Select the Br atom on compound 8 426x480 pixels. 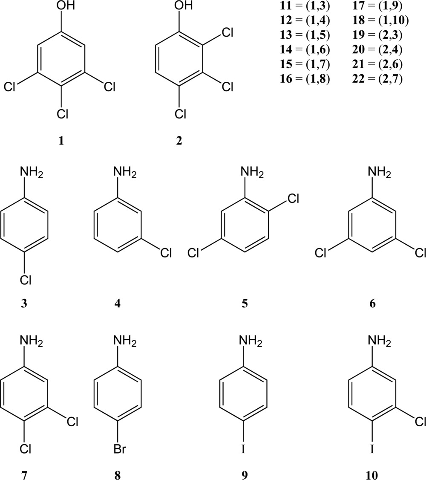121,449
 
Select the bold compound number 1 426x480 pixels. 61,140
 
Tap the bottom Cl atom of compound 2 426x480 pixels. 179,115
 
